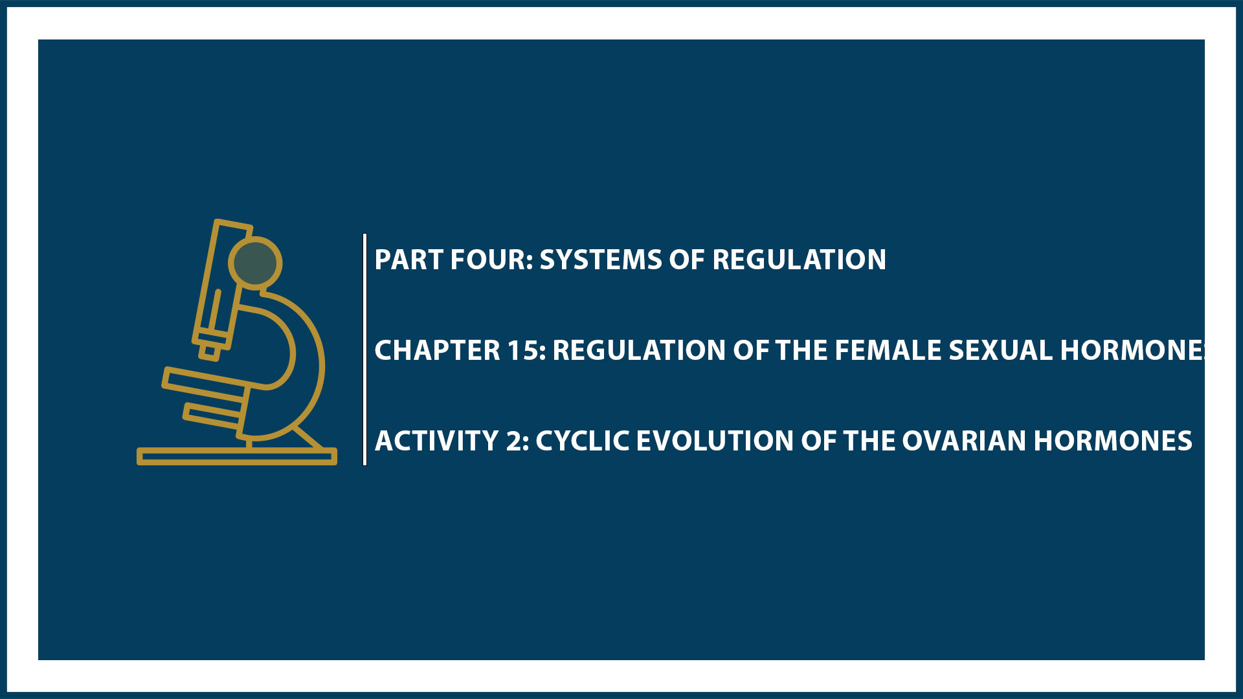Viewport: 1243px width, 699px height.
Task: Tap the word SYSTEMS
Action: (x=600, y=260)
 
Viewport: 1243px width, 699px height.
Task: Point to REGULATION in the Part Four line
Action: (x=799, y=260)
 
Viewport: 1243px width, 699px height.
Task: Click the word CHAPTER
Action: (x=437, y=351)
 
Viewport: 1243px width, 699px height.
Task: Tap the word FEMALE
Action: (x=871, y=351)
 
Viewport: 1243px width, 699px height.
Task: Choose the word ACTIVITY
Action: (x=436, y=441)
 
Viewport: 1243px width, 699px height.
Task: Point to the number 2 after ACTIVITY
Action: (x=515, y=441)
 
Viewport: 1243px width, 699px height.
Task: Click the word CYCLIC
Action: (x=582, y=441)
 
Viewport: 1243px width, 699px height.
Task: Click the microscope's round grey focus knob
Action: (x=255, y=263)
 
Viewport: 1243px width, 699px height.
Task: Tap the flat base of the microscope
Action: (x=236, y=457)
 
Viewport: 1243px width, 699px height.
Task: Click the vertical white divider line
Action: (x=365, y=349)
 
